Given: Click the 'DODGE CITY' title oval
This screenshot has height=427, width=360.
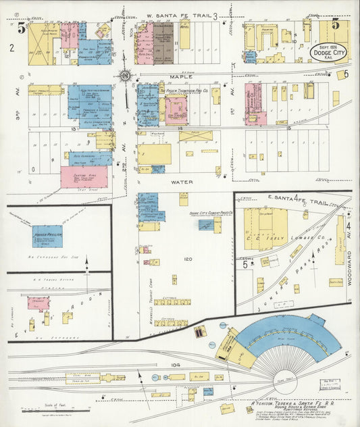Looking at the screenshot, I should (329, 52).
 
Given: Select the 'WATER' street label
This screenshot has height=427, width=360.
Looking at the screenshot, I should (178, 182).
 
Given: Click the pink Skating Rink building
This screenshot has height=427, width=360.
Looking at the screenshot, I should (84, 177).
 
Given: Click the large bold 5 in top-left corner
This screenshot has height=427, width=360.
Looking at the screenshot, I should (22, 28).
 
